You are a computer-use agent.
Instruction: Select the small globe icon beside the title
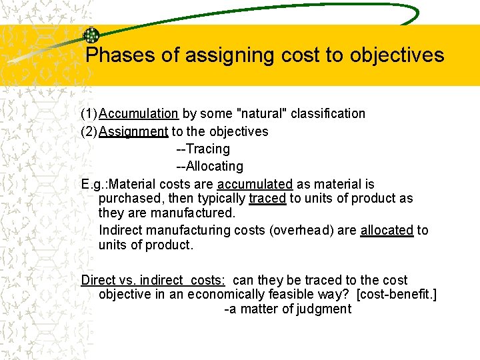point(91,36)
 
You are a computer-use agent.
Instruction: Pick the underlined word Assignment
point(133,131)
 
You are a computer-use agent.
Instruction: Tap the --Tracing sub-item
point(203,149)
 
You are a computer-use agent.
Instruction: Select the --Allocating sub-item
point(209,166)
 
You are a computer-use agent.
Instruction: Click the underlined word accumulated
point(255,184)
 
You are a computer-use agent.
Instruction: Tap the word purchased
point(127,199)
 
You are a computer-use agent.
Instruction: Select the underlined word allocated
point(387,230)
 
